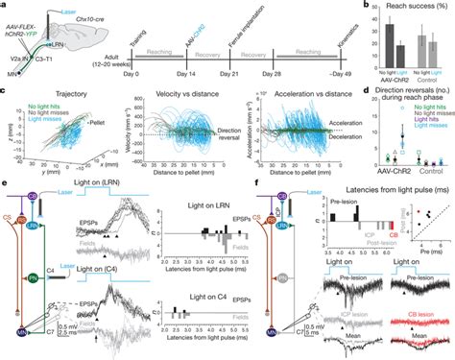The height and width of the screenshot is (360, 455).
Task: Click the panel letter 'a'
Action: click(4, 5)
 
